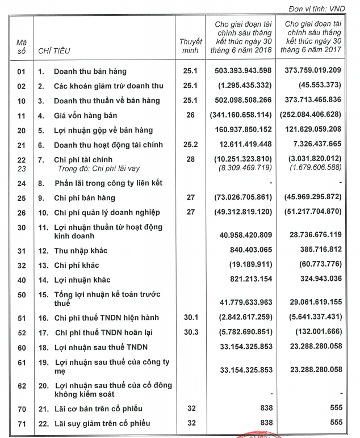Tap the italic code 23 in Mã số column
click(22, 169)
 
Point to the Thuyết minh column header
click(190, 47)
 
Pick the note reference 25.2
click(190, 145)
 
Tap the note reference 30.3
click(190, 332)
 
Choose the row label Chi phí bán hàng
click(84, 198)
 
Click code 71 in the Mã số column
click(22, 424)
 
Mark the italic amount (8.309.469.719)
click(244, 169)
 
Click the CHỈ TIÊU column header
click(54, 51)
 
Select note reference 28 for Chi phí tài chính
click(190, 160)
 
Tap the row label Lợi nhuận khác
click(82, 280)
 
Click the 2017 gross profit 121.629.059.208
click(312, 130)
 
